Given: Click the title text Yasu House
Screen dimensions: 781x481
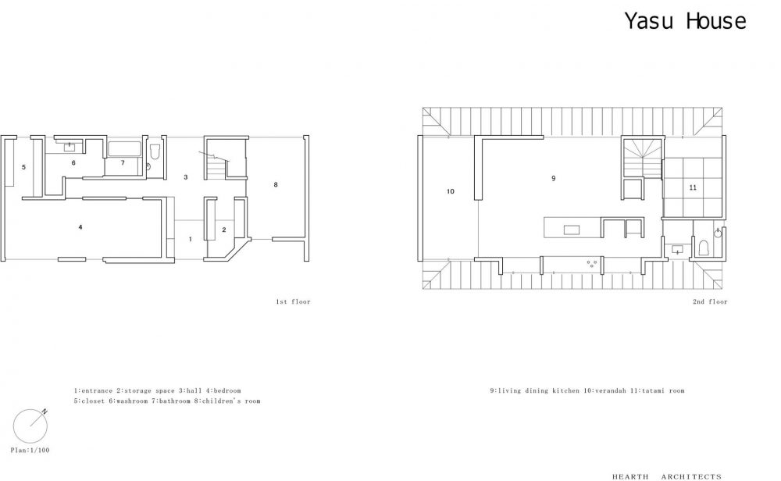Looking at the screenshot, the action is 686,21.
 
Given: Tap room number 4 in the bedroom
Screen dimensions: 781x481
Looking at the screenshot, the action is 80,227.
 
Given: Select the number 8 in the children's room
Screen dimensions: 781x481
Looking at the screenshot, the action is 276,185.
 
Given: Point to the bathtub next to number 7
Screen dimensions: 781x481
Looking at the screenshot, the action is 124,149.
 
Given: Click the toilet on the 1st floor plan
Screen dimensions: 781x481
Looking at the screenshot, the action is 155,151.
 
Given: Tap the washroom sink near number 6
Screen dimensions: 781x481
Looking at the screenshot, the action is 70,146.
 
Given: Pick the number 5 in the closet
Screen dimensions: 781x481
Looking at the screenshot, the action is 23,167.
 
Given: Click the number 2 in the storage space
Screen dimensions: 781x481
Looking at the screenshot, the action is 223,230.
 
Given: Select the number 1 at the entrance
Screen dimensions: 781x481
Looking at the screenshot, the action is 190,240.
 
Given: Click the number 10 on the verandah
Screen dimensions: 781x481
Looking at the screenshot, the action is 451,192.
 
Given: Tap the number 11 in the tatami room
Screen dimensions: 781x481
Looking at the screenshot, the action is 693,187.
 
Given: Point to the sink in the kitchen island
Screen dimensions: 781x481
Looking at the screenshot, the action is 572,230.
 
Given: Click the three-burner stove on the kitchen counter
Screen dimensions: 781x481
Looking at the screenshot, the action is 592,263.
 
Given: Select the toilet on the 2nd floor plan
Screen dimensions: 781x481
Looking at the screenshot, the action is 704,248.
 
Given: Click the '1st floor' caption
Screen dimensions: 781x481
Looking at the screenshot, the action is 293,301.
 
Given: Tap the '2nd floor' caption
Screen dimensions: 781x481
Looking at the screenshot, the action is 710,301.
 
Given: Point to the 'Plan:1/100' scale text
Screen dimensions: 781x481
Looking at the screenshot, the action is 30,451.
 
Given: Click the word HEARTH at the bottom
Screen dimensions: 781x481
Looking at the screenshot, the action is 630,477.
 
